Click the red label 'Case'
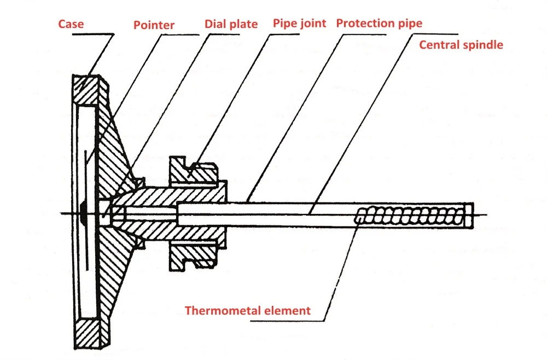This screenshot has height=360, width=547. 71,24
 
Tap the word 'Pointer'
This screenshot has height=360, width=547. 154,25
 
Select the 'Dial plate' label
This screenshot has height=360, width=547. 231,24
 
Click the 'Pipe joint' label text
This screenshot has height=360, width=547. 299,24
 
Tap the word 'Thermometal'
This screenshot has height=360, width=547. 223,310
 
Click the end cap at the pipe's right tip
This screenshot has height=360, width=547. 469,216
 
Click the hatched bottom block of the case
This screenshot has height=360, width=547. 87,334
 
